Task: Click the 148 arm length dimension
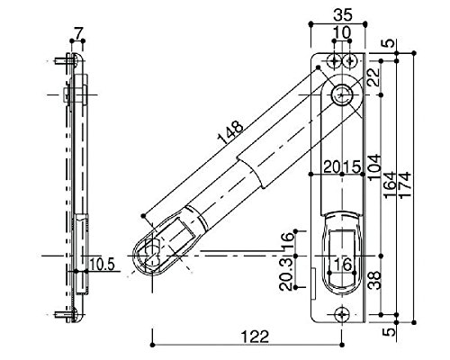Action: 230,132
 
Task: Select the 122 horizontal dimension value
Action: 255,337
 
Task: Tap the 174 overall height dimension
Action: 404,184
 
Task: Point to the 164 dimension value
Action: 390,185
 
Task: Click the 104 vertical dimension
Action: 374,167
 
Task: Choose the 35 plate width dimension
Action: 342,15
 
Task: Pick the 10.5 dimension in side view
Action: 102,265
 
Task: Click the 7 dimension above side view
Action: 77,33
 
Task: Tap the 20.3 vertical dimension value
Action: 286,274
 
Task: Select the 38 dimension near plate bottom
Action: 374,280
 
